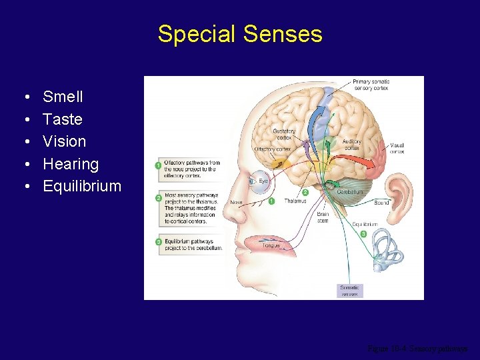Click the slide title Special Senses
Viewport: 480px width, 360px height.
point(240,33)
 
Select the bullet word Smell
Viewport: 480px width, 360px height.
point(63,97)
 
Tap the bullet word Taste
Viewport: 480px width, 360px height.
point(63,119)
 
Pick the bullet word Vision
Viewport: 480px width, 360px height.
point(64,141)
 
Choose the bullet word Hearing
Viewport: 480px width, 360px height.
point(70,164)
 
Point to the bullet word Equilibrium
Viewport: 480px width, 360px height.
point(82,186)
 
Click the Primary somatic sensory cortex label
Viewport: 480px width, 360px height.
point(371,84)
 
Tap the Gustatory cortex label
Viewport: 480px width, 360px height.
point(284,134)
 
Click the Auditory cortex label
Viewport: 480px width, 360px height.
point(352,145)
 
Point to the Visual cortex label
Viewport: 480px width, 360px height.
point(397,148)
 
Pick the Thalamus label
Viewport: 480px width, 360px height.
point(295,200)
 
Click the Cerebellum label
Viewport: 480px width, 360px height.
point(350,191)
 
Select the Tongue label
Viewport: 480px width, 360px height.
point(271,245)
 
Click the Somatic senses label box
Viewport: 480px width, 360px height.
point(349,291)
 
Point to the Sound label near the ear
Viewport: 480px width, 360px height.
point(381,202)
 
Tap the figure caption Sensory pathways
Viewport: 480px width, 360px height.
point(418,349)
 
